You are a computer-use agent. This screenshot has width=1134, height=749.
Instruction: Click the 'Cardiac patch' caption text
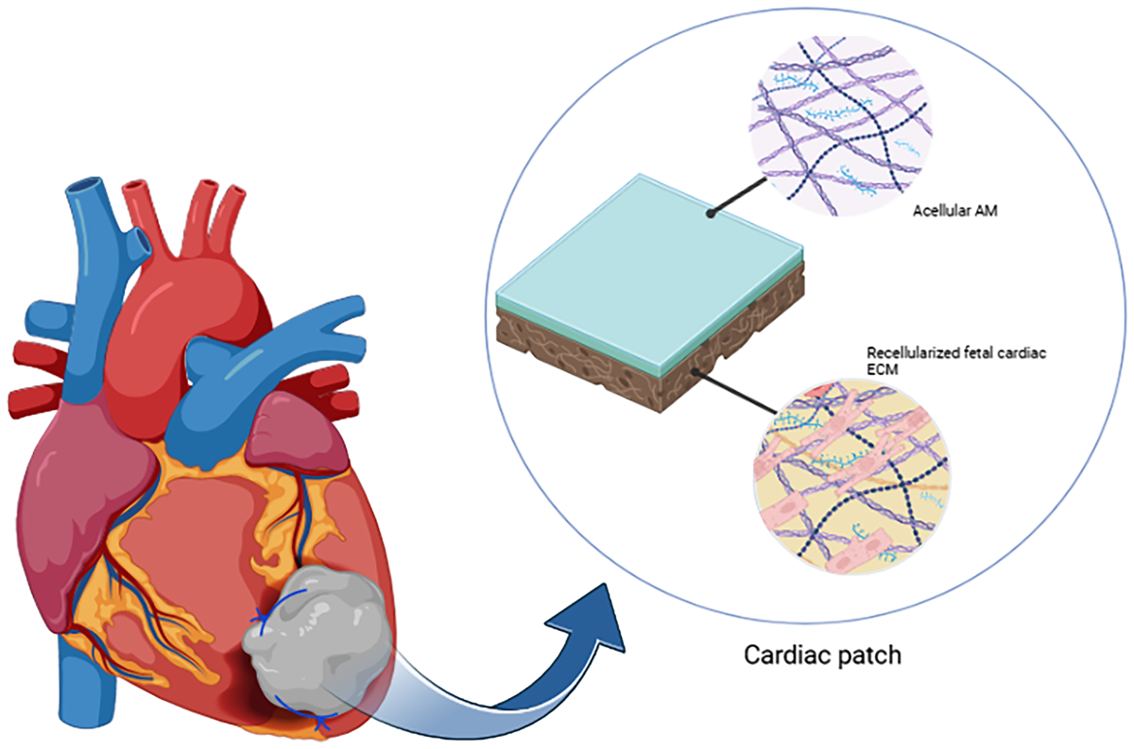822,654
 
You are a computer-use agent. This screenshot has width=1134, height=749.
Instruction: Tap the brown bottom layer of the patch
605,364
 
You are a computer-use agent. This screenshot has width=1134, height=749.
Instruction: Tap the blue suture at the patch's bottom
321,722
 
